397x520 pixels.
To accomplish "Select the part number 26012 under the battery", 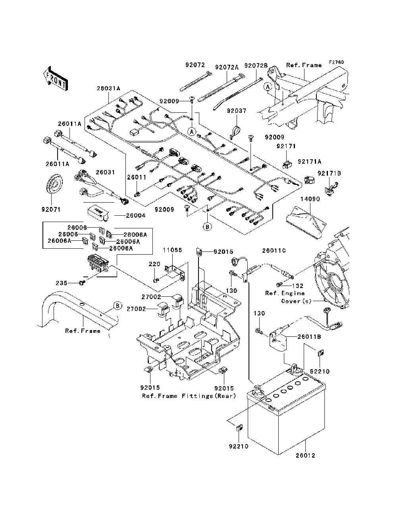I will [x=305, y=455].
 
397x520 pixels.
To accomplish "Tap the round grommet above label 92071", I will [x=55, y=185].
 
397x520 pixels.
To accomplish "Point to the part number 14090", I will [x=310, y=199].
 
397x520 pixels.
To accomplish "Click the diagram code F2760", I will [x=336, y=62].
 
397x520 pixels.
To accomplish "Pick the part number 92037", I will [x=237, y=111].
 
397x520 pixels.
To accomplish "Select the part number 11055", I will [x=172, y=250].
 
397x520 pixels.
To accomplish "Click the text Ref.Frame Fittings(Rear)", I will [x=189, y=396].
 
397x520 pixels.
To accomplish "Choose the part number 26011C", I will [x=274, y=251].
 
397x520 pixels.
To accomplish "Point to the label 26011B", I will [x=309, y=337].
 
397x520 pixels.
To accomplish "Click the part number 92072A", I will [x=227, y=68].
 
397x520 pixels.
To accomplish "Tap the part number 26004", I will [x=135, y=216].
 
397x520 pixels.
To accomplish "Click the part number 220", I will [x=154, y=264].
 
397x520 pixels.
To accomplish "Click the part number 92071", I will [x=50, y=209].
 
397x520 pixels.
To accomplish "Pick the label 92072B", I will [x=256, y=65].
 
